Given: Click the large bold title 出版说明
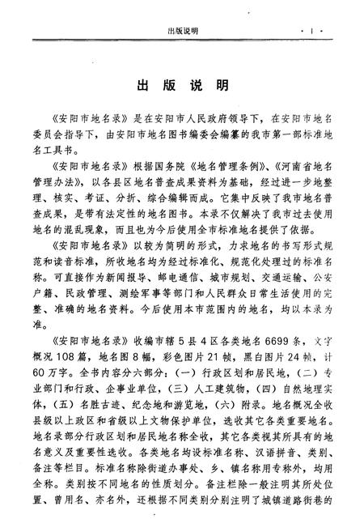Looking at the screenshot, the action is (181, 85).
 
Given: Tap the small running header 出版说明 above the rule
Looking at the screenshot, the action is (182, 32).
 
